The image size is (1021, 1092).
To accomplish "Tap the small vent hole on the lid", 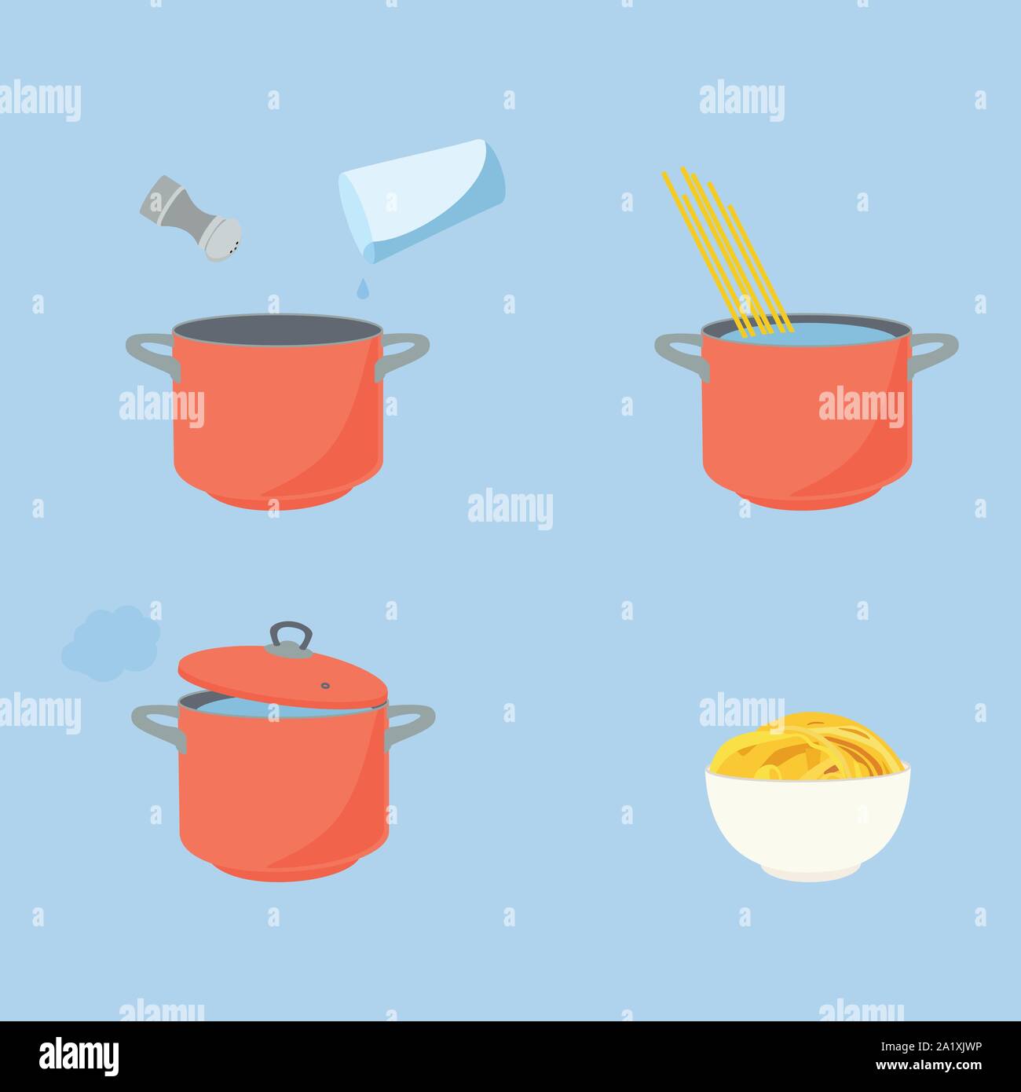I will [x=325, y=685].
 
